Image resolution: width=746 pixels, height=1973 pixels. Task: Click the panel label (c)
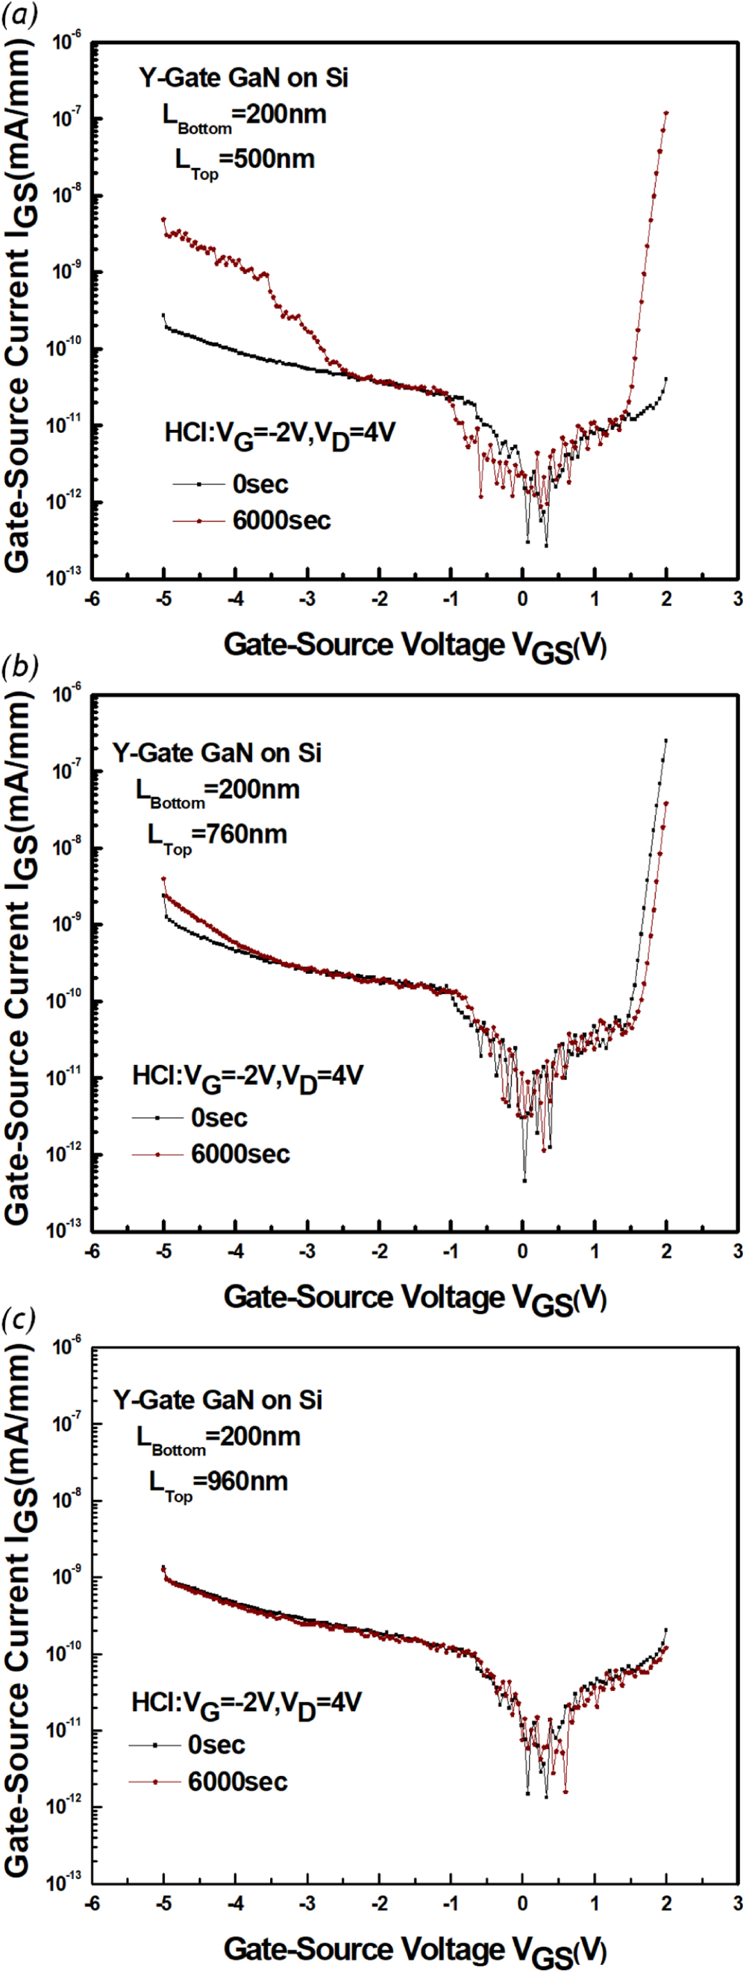pyautogui.click(x=19, y=1319)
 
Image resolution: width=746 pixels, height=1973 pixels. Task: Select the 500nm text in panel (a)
pyautogui.click(x=267, y=159)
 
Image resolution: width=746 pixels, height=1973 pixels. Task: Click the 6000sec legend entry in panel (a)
pyautogui.click(x=281, y=521)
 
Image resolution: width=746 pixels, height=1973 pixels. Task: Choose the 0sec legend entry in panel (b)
pyautogui.click(x=219, y=1119)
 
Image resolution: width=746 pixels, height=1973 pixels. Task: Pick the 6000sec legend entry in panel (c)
pyautogui.click(x=237, y=1781)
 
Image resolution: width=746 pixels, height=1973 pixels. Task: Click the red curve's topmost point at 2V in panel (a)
pyautogui.click(x=666, y=113)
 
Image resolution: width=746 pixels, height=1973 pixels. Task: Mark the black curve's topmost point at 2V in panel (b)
pyautogui.click(x=665, y=741)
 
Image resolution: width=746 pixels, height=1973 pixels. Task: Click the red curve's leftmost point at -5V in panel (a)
pyautogui.click(x=163, y=220)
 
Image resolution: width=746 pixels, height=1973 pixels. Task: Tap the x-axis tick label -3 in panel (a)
pyautogui.click(x=307, y=599)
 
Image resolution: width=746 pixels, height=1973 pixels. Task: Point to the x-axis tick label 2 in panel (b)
pyautogui.click(x=666, y=1251)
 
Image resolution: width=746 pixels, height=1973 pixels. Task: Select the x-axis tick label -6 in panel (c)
pyautogui.click(x=91, y=1904)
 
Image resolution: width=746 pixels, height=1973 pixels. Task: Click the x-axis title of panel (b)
pyautogui.click(x=414, y=1298)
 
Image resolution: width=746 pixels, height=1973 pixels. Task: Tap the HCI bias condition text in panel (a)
pyautogui.click(x=280, y=434)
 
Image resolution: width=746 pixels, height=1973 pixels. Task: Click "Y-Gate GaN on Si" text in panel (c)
pyautogui.click(x=218, y=1400)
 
